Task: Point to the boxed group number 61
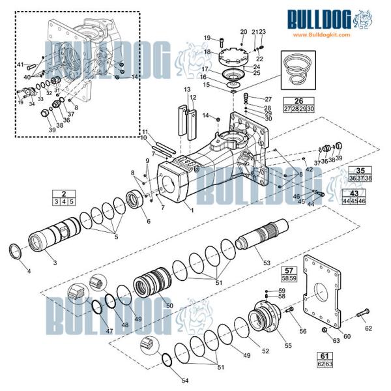pos(324,355)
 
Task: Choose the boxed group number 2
pos(64,194)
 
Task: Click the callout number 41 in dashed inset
pos(20,65)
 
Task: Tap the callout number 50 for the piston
pos(169,305)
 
